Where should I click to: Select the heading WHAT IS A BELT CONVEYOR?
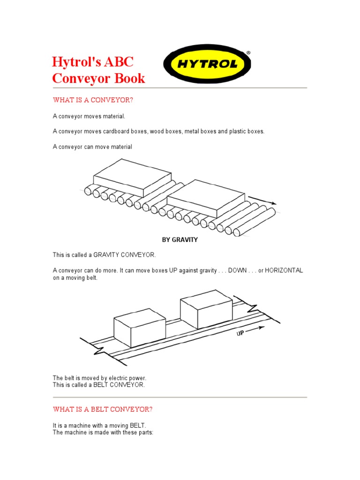click(x=103, y=409)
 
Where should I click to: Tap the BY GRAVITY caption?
click(x=180, y=240)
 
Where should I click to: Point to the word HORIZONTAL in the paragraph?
click(x=284, y=271)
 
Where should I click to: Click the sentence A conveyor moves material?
click(x=89, y=116)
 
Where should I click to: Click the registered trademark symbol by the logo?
click(x=248, y=53)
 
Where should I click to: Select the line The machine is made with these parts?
click(x=103, y=432)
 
